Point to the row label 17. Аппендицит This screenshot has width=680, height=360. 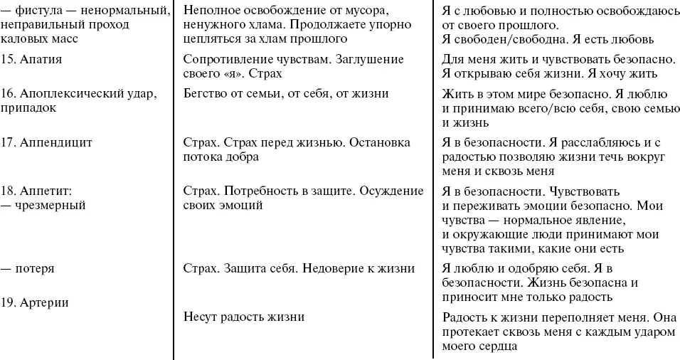pyautogui.click(x=47, y=142)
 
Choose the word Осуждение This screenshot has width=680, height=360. pyautogui.click(x=393, y=191)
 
